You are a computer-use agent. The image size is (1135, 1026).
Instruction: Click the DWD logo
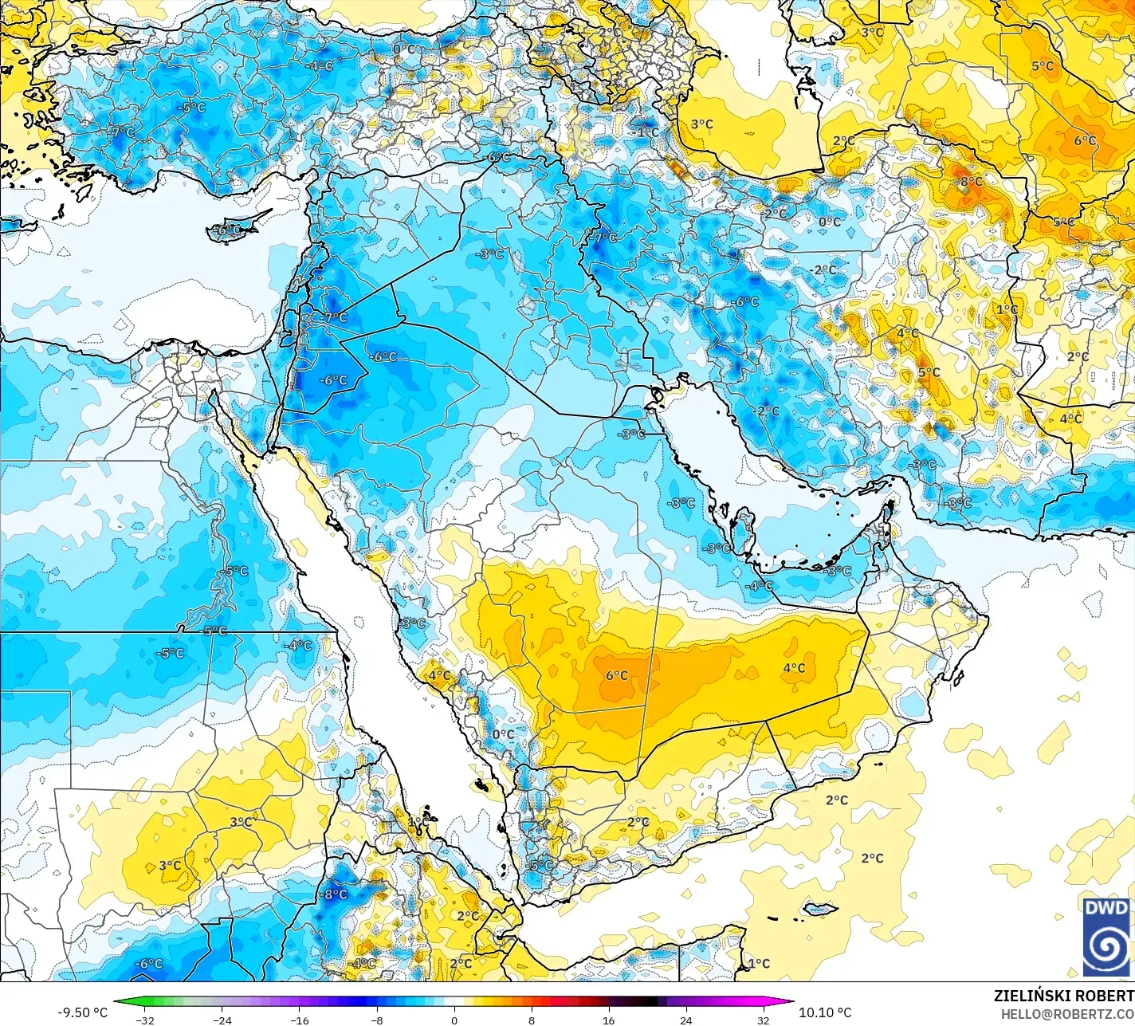pyautogui.click(x=1106, y=937)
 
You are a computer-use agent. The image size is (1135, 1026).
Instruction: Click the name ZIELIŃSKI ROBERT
pyautogui.click(x=1063, y=996)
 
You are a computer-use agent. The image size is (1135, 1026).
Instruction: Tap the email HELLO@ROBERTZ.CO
pyautogui.click(x=1067, y=1013)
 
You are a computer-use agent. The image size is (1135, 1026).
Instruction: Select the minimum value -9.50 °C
pyautogui.click(x=82, y=1012)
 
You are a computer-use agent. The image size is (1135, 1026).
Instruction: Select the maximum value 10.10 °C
pyautogui.click(x=825, y=1012)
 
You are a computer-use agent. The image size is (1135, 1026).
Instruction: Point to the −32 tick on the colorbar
pyautogui.click(x=144, y=1020)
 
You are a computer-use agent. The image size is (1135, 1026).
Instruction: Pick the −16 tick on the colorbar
pyautogui.click(x=299, y=1020)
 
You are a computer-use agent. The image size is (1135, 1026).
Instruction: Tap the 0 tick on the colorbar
pyautogui.click(x=454, y=1020)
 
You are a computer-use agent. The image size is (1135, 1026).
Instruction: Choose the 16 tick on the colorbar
pyautogui.click(x=609, y=1020)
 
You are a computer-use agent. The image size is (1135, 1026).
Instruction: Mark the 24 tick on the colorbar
pyautogui.click(x=686, y=1020)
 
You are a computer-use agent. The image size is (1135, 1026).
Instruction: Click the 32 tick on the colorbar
pyautogui.click(x=764, y=1020)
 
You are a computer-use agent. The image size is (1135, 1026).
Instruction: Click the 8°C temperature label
pyautogui.click(x=971, y=182)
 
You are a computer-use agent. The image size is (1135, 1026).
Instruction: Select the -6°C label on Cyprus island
pyautogui.click(x=227, y=230)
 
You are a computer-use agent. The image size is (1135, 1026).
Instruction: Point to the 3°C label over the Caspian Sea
pyautogui.click(x=702, y=124)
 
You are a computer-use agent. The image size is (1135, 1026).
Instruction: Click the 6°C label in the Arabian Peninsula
pyautogui.click(x=617, y=676)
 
